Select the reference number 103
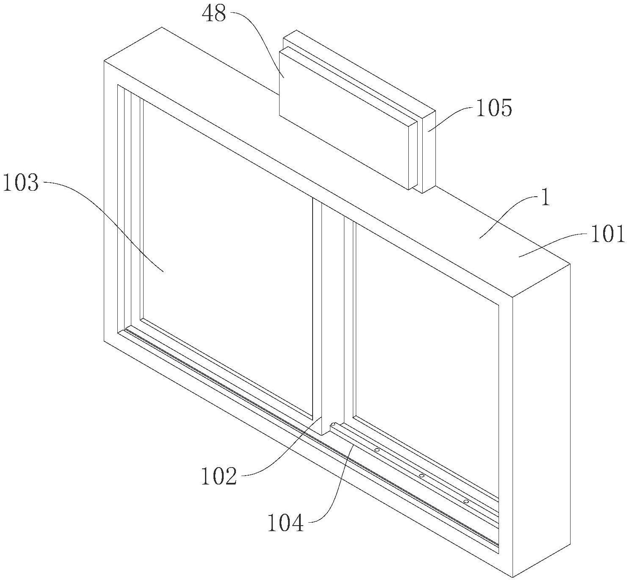point(21,184)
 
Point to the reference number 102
point(219,476)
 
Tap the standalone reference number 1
point(546,198)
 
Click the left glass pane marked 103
point(224,254)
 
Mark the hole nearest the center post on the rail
point(377,449)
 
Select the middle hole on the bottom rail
point(421,476)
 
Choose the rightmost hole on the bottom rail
point(466,501)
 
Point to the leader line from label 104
point(337,487)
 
